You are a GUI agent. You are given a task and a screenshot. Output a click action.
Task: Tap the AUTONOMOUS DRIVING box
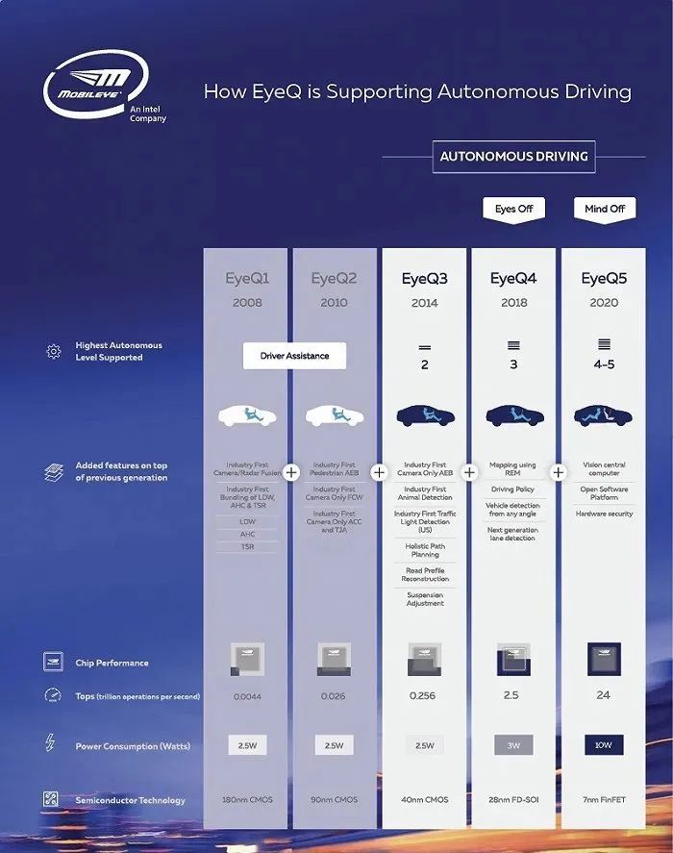pyautogui.click(x=514, y=157)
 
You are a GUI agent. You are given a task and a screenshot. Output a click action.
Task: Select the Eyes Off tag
pyautogui.click(x=513, y=209)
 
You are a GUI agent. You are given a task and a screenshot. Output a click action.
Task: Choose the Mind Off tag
pyautogui.click(x=605, y=209)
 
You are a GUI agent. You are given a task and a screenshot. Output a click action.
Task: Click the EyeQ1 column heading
pyautogui.click(x=247, y=280)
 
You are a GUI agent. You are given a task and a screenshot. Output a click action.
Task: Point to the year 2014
pyautogui.click(x=424, y=303)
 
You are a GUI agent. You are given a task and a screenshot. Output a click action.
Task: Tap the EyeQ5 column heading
pyautogui.click(x=604, y=280)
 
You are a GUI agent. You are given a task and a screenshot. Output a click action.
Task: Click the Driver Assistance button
pyautogui.click(x=294, y=356)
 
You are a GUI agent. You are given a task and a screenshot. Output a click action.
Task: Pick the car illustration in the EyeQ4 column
pyautogui.click(x=514, y=415)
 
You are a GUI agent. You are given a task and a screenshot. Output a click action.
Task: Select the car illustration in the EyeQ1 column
pyautogui.click(x=247, y=415)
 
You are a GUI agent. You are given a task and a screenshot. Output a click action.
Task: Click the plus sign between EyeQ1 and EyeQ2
pyautogui.click(x=292, y=472)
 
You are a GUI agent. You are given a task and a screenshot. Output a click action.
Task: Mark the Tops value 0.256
pyautogui.click(x=424, y=695)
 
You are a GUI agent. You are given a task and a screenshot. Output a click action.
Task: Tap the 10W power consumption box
pyautogui.click(x=604, y=745)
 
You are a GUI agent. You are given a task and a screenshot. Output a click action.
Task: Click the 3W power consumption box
pyautogui.click(x=513, y=745)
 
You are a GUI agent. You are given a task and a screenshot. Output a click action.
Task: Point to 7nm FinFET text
pyautogui.click(x=604, y=800)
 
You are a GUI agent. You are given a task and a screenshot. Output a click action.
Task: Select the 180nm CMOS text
pyautogui.click(x=246, y=800)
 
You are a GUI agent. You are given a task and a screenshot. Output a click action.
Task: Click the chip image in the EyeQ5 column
pyautogui.click(x=604, y=660)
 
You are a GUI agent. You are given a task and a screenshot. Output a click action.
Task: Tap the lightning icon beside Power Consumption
pyautogui.click(x=51, y=743)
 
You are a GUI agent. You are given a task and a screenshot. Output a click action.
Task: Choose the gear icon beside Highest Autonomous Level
pyautogui.click(x=53, y=352)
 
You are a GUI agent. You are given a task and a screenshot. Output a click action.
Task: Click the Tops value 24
pyautogui.click(x=604, y=695)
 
